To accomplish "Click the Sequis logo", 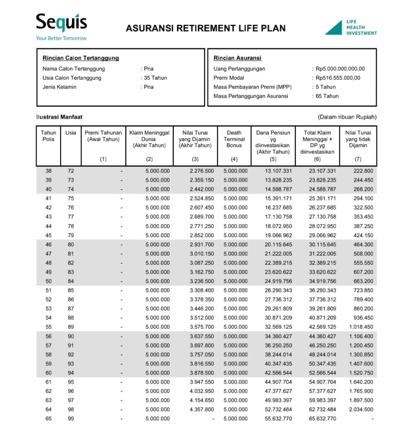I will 61,24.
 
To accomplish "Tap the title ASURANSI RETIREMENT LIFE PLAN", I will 206,28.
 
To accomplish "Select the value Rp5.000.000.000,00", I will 340,68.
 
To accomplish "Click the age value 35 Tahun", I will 156,78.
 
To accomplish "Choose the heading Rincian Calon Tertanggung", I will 81,58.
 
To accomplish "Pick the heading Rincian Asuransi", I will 237,58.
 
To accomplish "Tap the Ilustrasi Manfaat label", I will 59,117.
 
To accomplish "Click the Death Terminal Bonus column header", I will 234,139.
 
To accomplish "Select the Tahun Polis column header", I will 48,136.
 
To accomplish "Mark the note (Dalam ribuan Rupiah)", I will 347,117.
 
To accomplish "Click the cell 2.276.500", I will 202,171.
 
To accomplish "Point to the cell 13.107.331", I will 278,171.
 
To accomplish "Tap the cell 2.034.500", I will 361,409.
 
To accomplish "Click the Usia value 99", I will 71,419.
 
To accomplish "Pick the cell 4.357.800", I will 202,409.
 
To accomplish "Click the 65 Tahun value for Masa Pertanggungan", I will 327,96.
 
